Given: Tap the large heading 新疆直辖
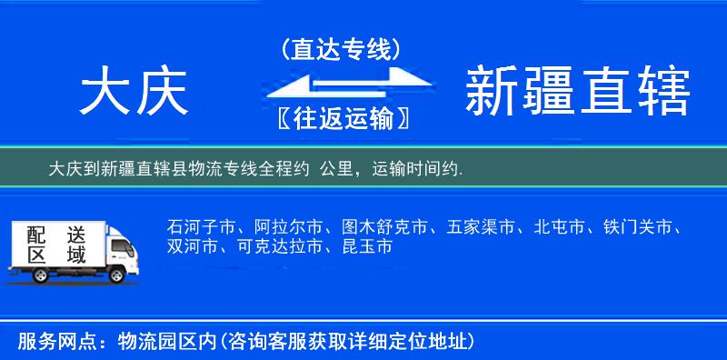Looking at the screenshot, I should coord(578,93).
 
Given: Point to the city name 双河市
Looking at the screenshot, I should coord(193,246).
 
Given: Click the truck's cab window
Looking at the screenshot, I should coord(119,246).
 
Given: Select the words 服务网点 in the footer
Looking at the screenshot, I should coord(49,342).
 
